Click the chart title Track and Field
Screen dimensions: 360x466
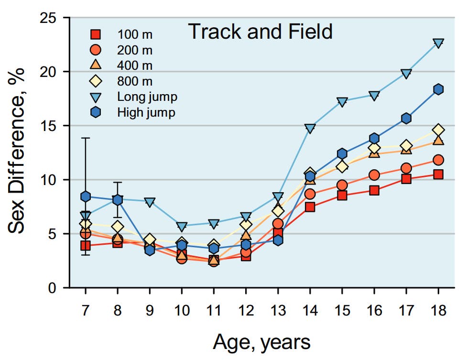click(260, 32)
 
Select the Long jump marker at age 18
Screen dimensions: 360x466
click(438, 43)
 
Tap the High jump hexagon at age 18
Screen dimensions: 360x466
click(438, 89)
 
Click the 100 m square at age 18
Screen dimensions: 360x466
click(438, 175)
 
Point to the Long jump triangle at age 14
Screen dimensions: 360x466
click(310, 129)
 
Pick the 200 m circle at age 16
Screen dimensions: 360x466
click(374, 175)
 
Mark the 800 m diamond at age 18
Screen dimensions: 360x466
click(438, 130)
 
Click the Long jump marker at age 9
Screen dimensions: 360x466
click(150, 202)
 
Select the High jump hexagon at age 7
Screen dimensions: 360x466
click(86, 196)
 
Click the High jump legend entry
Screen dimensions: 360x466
click(146, 112)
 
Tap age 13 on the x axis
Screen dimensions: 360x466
click(278, 311)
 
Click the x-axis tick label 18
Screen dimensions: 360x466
click(438, 311)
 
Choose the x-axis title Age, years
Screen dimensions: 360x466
click(261, 343)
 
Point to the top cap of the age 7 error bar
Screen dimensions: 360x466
click(86, 138)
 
